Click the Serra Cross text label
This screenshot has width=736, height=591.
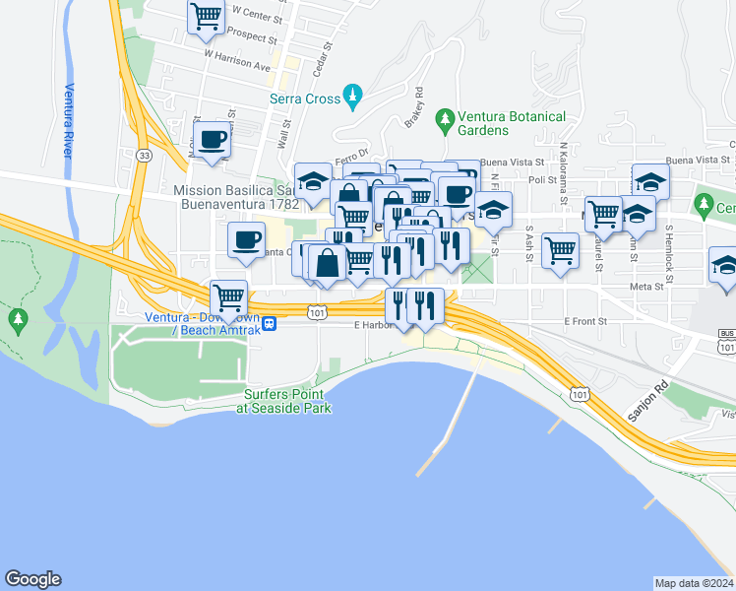304,98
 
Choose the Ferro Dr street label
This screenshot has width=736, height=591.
349,154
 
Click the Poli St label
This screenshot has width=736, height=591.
542,180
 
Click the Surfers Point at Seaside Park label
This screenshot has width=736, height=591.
287,401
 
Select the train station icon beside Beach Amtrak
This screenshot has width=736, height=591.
268,323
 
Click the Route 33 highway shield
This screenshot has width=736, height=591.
145,156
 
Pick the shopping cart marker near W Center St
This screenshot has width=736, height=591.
206,16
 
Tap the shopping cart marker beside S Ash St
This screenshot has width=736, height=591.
560,247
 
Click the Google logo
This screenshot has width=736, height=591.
33,579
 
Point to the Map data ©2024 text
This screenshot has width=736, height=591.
694,583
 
